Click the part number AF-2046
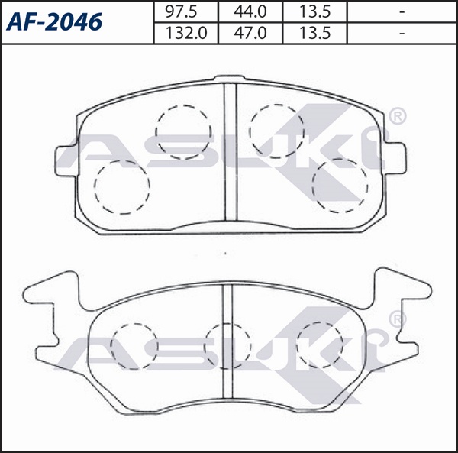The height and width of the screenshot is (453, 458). (54, 22)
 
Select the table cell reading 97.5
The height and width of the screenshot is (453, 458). (185, 11)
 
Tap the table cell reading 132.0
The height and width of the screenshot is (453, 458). (185, 33)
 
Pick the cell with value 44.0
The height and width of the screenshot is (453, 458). (250, 11)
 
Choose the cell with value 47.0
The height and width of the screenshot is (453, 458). (250, 33)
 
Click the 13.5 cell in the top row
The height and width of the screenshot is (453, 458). (314, 11)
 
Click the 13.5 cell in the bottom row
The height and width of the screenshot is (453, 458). (314, 33)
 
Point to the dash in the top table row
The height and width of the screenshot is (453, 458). (402, 11)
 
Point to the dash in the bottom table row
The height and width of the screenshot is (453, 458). (402, 33)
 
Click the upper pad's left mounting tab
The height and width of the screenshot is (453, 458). (66, 161)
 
